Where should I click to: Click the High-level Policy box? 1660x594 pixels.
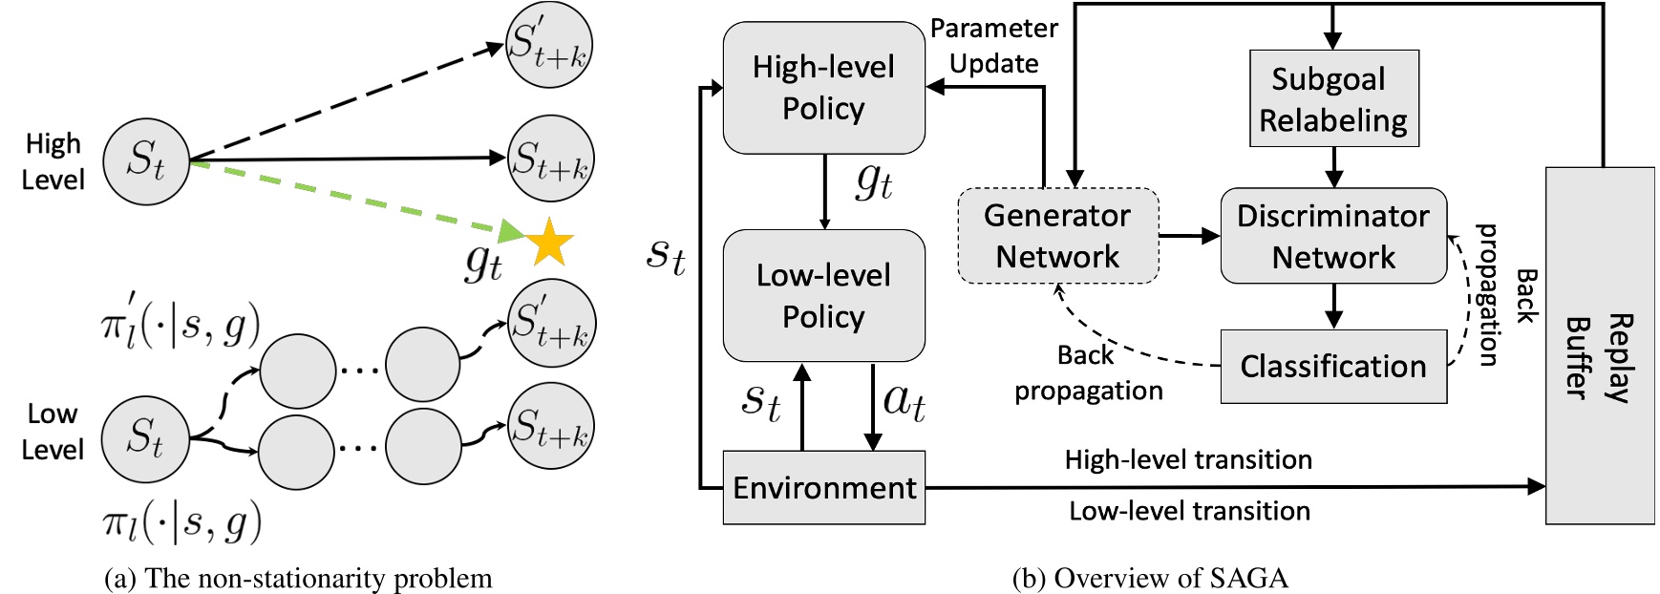(823, 88)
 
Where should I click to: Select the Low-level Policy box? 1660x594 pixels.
(823, 296)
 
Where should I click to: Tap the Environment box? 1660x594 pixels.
(823, 488)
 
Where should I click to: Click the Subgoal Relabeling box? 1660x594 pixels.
(1333, 98)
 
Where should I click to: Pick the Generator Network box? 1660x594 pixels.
(1057, 236)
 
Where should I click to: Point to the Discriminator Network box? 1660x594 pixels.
(1333, 236)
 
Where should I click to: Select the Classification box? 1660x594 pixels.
(1333, 366)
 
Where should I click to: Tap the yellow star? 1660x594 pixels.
(549, 243)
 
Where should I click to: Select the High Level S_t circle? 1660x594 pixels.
(146, 160)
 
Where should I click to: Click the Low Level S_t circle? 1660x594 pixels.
(145, 438)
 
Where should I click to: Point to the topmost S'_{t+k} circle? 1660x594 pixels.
(549, 45)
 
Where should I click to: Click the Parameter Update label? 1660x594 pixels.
(993, 46)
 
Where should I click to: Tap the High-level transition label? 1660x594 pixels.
(1188, 460)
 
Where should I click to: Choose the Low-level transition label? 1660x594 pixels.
(1189, 511)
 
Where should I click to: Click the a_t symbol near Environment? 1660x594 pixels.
(904, 400)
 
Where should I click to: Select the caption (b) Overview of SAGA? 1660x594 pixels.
(1150, 578)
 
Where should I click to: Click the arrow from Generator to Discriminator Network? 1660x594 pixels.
(1189, 236)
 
